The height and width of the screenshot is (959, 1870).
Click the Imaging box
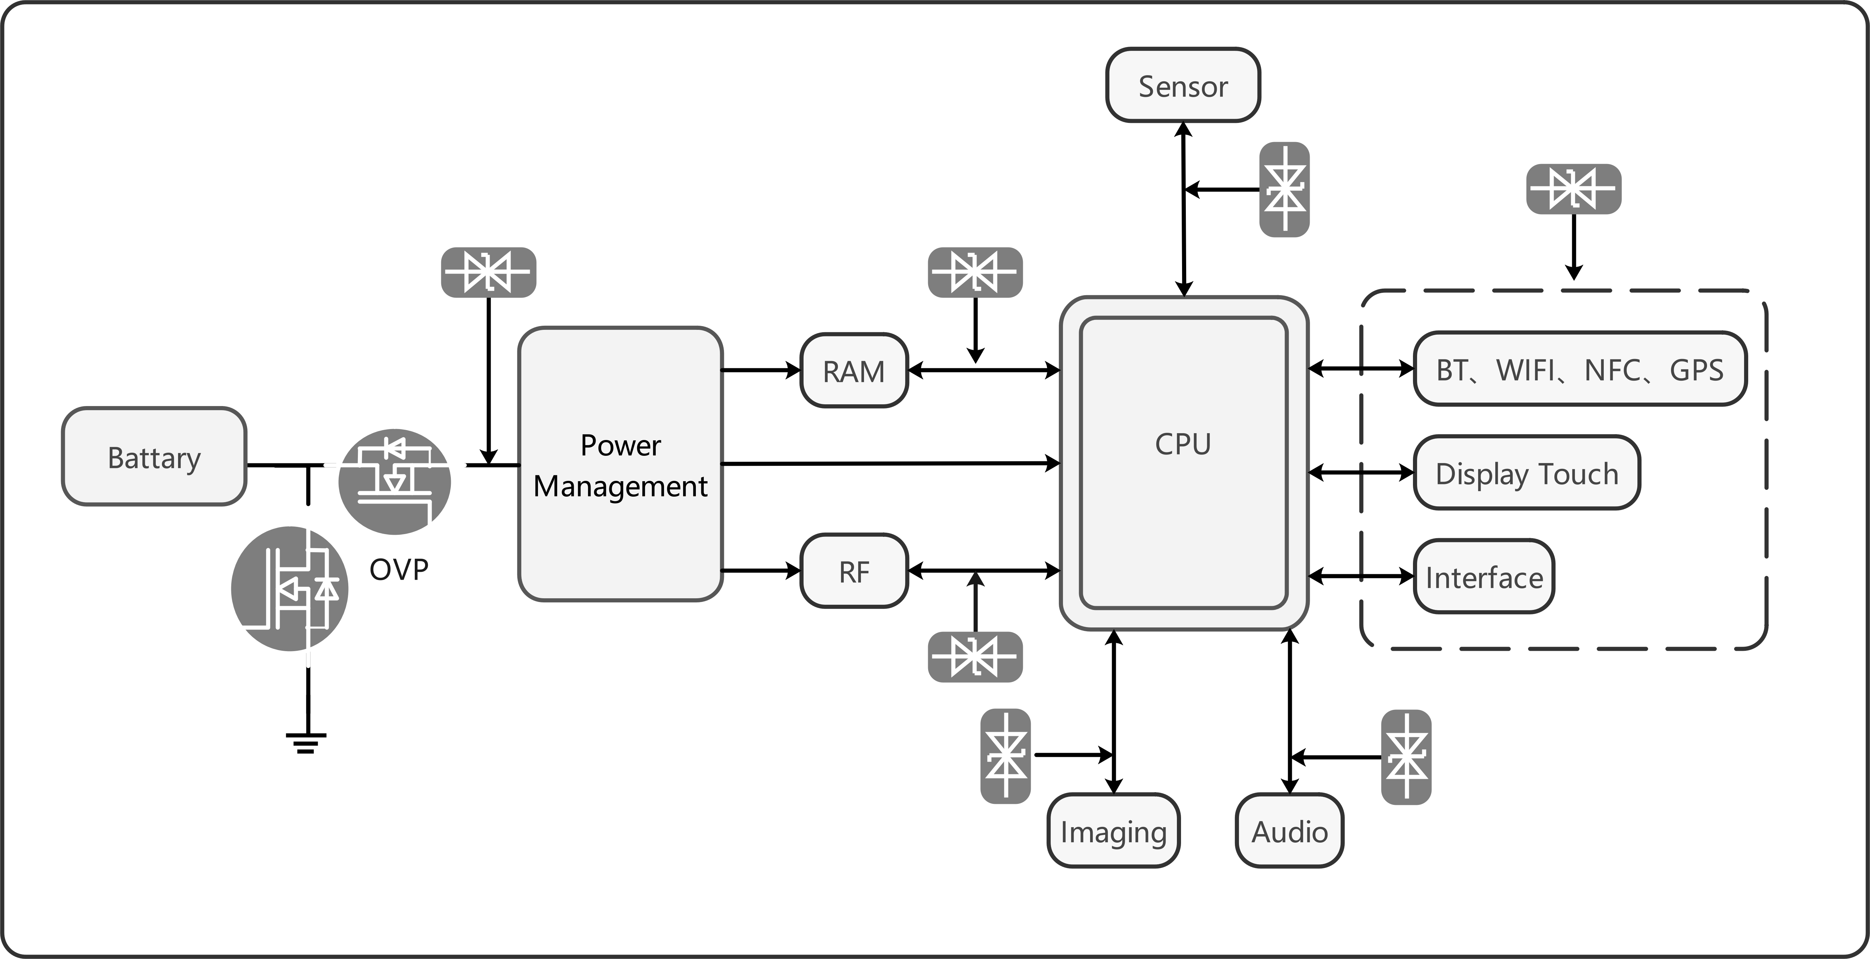pyautogui.click(x=1113, y=831)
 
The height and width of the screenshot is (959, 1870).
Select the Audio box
pyautogui.click(x=1289, y=831)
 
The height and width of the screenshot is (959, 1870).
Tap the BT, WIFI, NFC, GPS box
pyautogui.click(x=1580, y=369)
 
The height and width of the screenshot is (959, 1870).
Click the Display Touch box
pyautogui.click(x=1527, y=473)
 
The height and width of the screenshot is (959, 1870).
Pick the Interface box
pyautogui.click(x=1484, y=576)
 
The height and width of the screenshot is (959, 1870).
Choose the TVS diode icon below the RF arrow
pyautogui.click(x=975, y=657)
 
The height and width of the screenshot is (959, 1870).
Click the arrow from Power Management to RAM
pyautogui.click(x=761, y=370)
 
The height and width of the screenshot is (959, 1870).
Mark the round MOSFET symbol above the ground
pyautogui.click(x=290, y=589)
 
